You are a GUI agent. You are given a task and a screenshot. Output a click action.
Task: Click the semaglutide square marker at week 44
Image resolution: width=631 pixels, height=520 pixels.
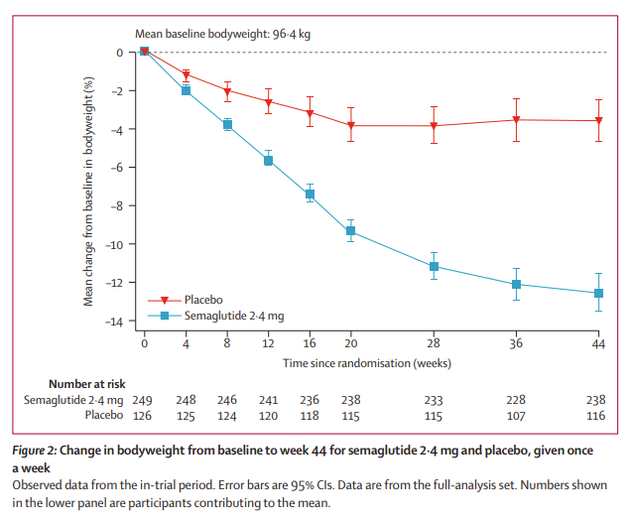tap(598, 293)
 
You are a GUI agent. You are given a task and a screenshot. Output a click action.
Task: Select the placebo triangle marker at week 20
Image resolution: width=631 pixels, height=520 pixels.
tap(350, 126)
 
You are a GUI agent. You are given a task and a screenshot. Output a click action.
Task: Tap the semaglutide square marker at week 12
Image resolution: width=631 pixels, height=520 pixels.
tap(268, 160)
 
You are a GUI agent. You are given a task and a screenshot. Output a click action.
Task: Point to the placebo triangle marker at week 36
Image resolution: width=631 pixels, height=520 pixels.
tap(516, 120)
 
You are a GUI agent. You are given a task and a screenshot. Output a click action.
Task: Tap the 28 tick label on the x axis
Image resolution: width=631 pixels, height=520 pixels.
tap(433, 343)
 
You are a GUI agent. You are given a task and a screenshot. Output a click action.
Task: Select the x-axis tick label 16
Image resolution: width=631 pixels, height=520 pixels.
tap(309, 343)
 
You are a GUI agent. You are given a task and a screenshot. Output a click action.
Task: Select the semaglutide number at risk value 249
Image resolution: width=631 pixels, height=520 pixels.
tap(144, 399)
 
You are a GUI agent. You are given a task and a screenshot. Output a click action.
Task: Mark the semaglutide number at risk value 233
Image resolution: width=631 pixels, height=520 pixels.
tap(433, 399)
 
